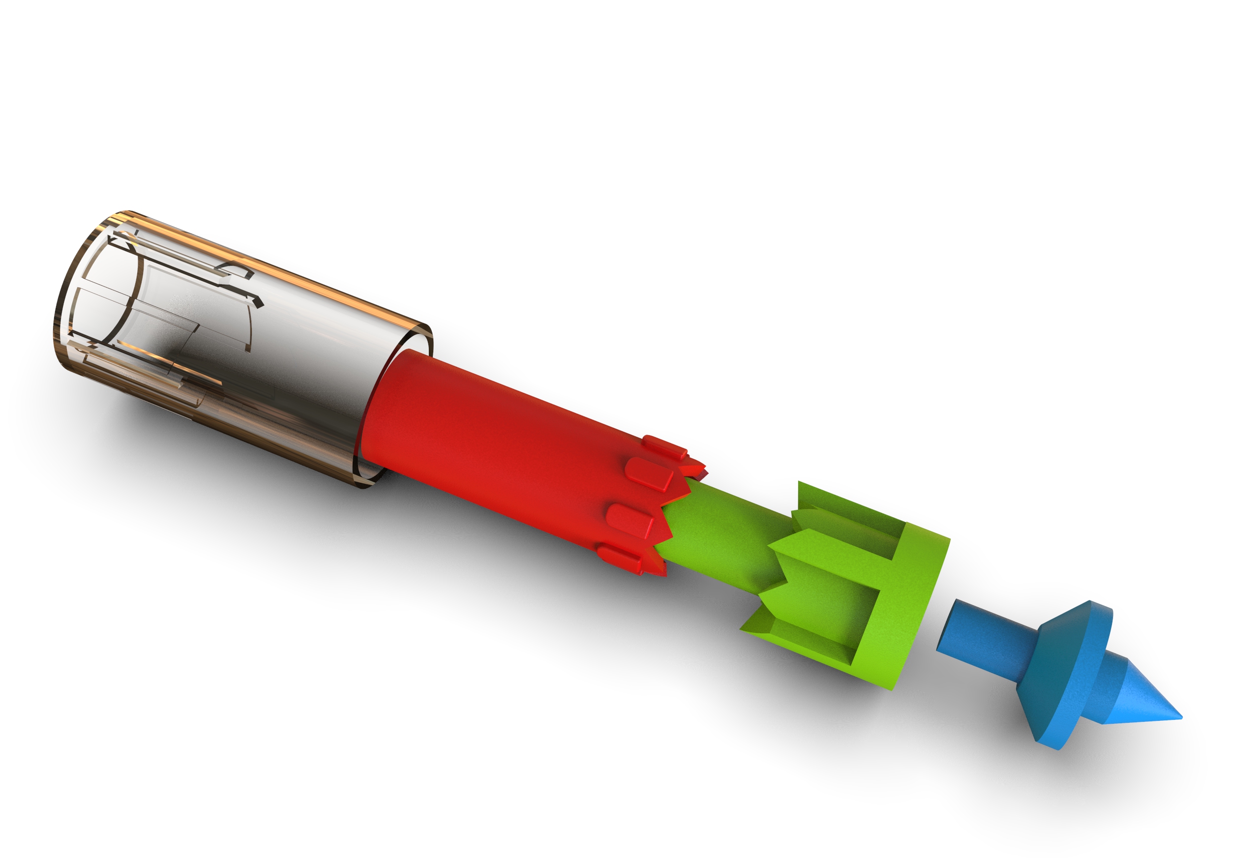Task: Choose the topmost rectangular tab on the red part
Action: point(663,445)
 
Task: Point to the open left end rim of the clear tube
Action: point(62,303)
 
